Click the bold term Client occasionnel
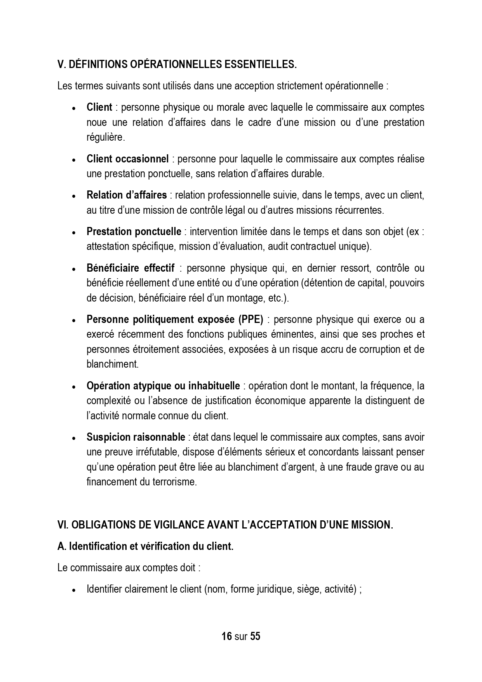click(127, 159)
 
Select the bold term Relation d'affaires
click(127, 195)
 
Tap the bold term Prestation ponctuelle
click(134, 232)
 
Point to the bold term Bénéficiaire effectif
click(131, 268)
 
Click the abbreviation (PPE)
click(249, 319)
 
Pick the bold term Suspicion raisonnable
click(136, 437)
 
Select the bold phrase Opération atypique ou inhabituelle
click(163, 386)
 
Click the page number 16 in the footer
click(226, 636)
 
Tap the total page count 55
click(255, 636)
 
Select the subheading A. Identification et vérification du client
click(145, 546)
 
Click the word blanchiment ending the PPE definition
click(112, 364)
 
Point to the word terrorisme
click(174, 482)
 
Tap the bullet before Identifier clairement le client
click(73, 590)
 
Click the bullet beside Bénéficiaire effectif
click(73, 269)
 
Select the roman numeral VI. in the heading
click(63, 525)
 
